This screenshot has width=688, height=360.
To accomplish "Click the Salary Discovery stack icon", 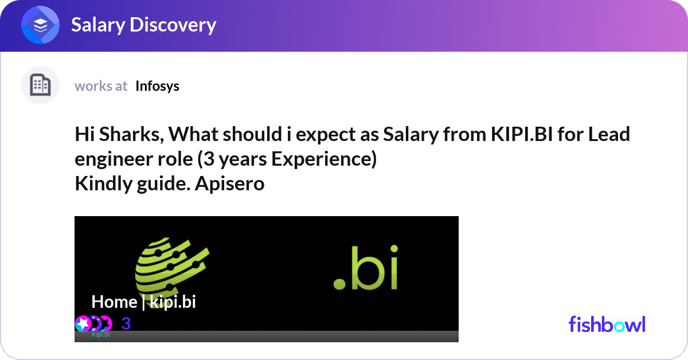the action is [x=40, y=25].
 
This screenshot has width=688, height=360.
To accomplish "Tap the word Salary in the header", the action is [x=98, y=25].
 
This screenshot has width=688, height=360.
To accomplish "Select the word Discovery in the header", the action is [x=173, y=25].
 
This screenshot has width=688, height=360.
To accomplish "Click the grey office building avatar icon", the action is [x=40, y=85].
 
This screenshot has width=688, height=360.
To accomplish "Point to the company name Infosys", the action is [x=157, y=87].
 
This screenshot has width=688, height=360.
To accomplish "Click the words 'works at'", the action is [x=101, y=87].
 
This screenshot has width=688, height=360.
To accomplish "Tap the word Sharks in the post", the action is [x=131, y=134].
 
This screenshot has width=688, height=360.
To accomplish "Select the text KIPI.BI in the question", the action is [x=522, y=134].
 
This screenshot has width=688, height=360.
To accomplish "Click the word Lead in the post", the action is [x=609, y=134].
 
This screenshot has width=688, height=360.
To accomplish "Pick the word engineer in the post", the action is [x=114, y=159].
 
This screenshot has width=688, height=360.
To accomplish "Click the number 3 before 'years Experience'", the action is [x=209, y=159].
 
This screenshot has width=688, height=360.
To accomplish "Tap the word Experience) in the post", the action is [x=324, y=159].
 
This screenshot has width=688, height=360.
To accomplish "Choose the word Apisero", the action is [x=229, y=183].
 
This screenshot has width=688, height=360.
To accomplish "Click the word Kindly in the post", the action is [x=103, y=183].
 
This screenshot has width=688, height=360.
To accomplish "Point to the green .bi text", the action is [x=366, y=267].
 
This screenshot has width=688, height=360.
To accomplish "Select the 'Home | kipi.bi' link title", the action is [x=143, y=302].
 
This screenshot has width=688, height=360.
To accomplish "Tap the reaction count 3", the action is [x=126, y=323].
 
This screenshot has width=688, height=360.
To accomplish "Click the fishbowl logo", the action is [x=607, y=324].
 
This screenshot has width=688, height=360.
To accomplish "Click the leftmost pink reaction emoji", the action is [x=83, y=324].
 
